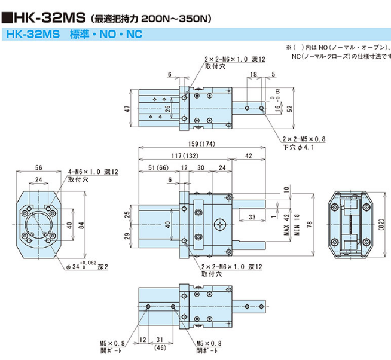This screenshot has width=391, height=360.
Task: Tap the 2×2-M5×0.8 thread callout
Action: [x=304, y=139]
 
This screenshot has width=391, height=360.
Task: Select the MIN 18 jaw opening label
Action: [x=295, y=222]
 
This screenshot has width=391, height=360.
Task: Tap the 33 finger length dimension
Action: [x=251, y=216]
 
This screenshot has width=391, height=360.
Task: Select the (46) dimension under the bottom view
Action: [x=160, y=347]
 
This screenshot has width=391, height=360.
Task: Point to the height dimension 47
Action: [x=126, y=109]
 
